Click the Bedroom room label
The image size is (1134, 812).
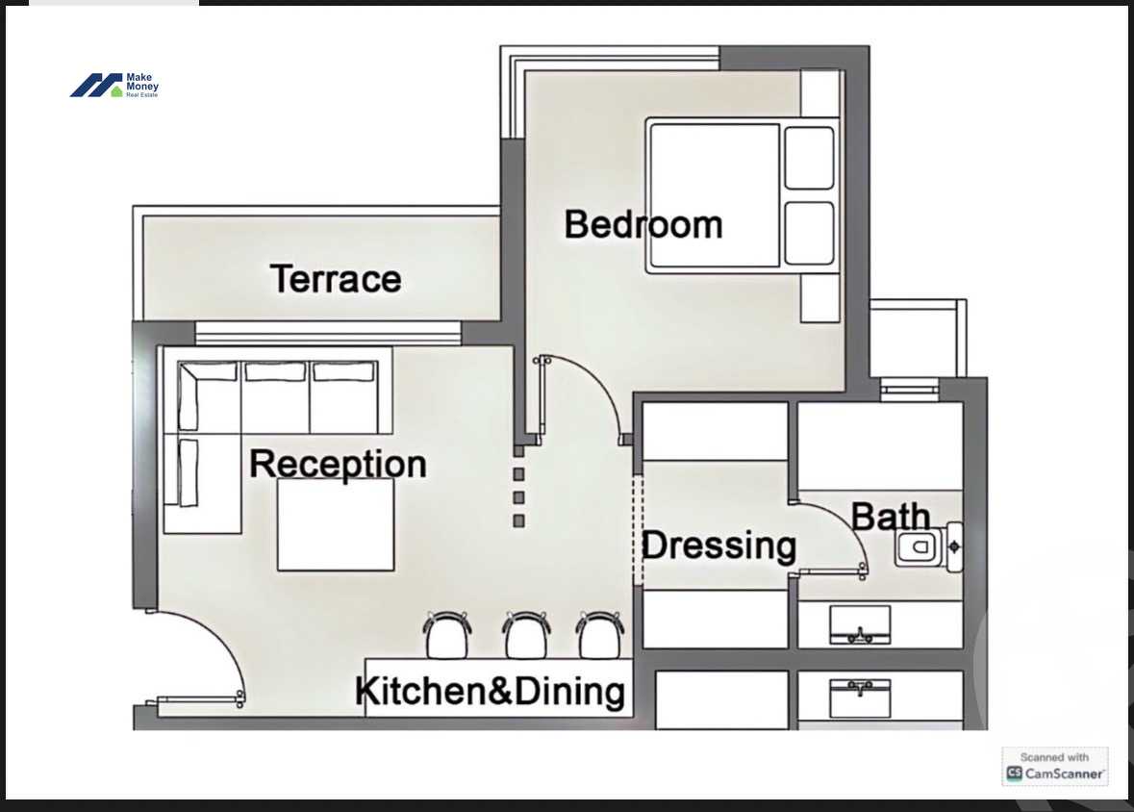tap(643, 224)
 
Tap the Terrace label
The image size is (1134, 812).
tap(336, 279)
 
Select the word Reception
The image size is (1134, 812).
tap(338, 465)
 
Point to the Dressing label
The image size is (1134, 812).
tap(718, 546)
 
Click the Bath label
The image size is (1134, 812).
tap(891, 517)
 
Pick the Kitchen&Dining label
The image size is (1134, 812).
tap(491, 691)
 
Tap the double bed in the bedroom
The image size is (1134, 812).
tap(742, 195)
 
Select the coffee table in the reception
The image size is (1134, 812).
tap(336, 524)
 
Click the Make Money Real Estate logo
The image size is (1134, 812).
tap(114, 86)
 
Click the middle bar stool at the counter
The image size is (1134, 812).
tap(526, 635)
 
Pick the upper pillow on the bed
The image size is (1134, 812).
tap(809, 158)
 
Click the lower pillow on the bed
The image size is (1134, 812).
tap(809, 233)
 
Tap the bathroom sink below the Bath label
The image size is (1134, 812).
tap(860, 624)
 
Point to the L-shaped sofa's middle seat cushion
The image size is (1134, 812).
tap(275, 397)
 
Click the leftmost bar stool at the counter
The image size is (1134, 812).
tap(447, 635)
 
